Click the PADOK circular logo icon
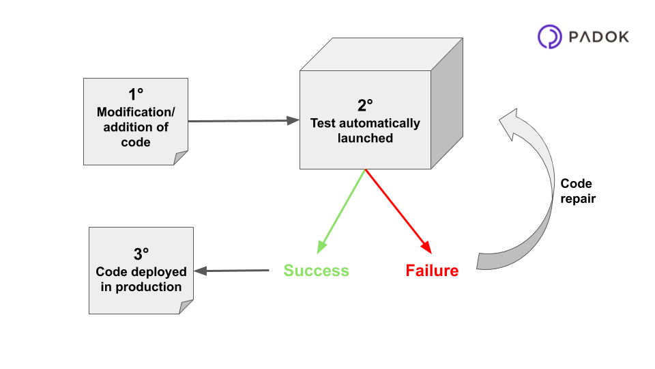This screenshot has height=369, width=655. pos(550,37)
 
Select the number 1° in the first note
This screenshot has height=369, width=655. pos(136,95)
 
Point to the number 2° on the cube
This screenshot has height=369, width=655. pos(366,105)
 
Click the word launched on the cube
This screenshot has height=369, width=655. pos(366,138)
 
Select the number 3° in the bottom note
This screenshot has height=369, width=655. pos(141,254)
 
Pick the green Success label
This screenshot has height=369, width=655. pos(316,271)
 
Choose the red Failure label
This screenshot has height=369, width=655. pos(432,271)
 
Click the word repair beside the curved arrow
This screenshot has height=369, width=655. pos(578,199)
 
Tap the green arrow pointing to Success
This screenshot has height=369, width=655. pos(340,212)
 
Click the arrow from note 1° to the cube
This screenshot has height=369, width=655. pos(242,121)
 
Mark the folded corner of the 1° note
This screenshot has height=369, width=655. pos(181,158)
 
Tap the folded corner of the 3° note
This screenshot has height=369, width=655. pos(186,307)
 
